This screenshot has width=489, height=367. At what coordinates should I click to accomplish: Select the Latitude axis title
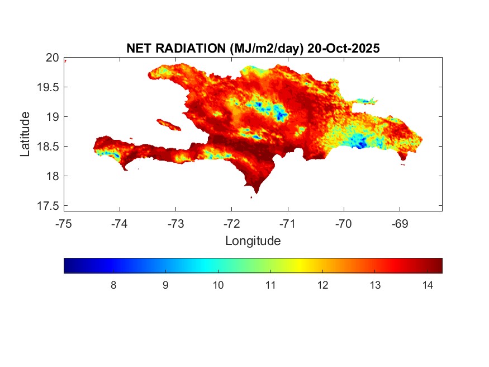click(x=25, y=134)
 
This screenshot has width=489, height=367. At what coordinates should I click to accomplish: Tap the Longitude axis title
click(x=253, y=241)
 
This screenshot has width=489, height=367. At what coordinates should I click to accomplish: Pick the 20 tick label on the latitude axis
click(x=52, y=58)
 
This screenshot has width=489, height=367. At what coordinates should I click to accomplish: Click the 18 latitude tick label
click(x=52, y=176)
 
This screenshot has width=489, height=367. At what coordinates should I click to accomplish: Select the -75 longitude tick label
click(x=64, y=224)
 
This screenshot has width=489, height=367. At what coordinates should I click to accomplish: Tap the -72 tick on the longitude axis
click(x=232, y=224)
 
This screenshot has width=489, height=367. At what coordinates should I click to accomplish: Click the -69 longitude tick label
click(x=400, y=224)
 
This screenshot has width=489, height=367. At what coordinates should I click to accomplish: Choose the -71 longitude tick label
click(x=288, y=224)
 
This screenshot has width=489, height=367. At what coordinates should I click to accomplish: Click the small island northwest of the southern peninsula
click(x=169, y=124)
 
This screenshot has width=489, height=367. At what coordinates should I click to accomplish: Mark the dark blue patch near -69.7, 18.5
click(x=361, y=144)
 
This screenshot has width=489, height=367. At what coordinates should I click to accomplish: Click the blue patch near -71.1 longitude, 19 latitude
click(x=281, y=115)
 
